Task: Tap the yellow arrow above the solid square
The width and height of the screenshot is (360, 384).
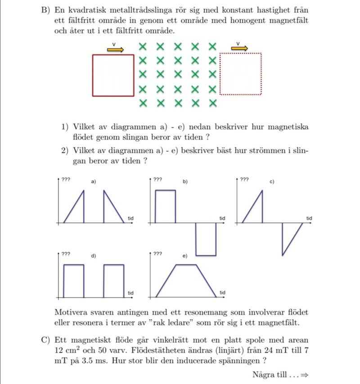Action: tap(115, 49)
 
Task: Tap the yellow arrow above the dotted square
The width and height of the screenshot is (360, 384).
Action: tap(239, 48)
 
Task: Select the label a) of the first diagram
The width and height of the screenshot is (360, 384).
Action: tap(94, 181)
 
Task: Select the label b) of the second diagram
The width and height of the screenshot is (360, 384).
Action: tap(185, 181)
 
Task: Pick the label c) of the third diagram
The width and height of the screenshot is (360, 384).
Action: tap(272, 181)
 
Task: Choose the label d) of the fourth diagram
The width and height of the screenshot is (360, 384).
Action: tap(94, 256)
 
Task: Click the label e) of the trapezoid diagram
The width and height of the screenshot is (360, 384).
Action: tap(185, 256)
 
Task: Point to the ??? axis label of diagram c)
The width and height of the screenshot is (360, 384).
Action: tap(244, 179)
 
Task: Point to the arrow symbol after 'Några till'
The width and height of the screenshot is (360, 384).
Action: tap(304, 375)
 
